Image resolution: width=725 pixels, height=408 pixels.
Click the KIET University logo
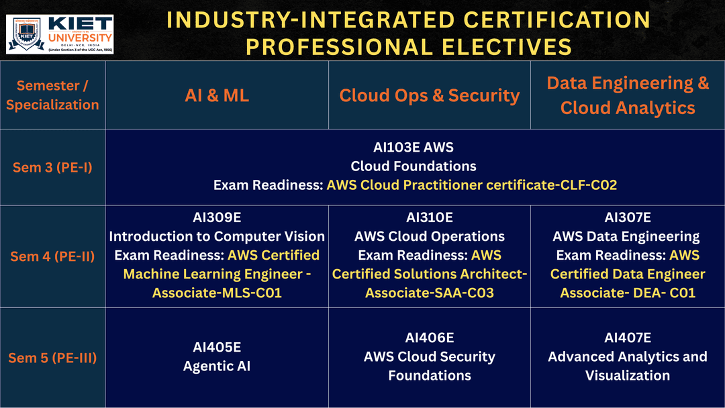point(60,34)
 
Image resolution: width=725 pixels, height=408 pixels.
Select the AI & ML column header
point(216,95)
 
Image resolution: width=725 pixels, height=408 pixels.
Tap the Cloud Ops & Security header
point(429,95)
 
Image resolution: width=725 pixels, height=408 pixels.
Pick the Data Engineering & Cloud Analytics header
point(628,95)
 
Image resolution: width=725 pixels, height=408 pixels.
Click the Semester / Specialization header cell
point(52,95)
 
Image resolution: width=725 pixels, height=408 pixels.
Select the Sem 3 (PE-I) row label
point(52,167)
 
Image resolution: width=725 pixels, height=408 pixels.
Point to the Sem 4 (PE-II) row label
point(52,256)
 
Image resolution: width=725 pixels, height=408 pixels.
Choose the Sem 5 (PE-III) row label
point(52,358)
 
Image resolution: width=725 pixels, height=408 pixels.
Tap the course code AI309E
point(216,217)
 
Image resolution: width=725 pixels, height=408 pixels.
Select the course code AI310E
point(430,217)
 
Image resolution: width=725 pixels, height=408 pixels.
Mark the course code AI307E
point(628,217)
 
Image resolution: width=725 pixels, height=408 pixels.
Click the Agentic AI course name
point(216,366)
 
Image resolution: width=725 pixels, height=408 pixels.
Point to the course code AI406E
point(430,338)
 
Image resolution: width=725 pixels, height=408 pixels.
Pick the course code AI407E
point(628,338)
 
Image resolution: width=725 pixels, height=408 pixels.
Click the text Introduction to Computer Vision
point(216,236)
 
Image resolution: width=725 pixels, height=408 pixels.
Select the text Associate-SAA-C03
point(430,293)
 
